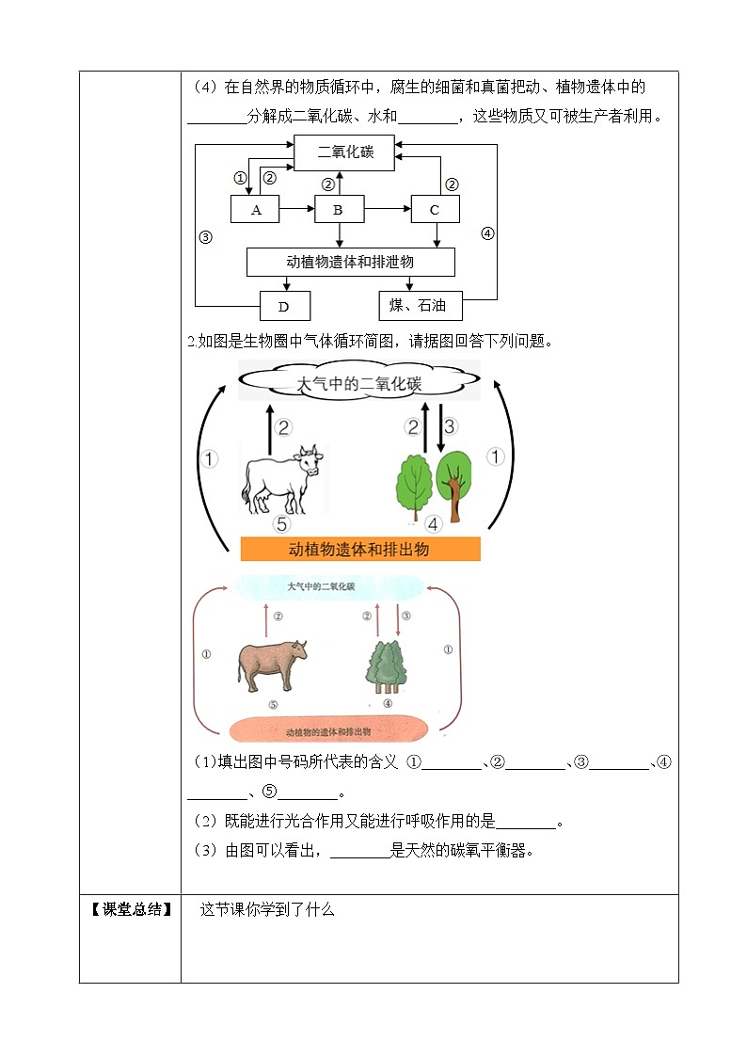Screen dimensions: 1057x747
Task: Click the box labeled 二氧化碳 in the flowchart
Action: [345, 152]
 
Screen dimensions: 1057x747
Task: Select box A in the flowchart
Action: [256, 210]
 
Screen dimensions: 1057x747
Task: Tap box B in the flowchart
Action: [339, 210]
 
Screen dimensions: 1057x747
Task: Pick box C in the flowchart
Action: [435, 210]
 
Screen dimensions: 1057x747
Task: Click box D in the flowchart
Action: [285, 306]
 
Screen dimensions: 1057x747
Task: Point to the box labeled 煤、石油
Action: [420, 305]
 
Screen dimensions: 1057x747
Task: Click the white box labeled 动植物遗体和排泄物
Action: [350, 262]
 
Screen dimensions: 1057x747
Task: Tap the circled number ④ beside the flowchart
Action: [487, 234]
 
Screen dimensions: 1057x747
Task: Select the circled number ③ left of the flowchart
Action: [205, 237]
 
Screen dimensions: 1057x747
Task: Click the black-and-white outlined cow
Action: [281, 478]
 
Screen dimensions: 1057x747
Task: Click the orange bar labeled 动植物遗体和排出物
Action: [360, 549]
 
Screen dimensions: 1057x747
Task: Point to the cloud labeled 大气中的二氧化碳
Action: [359, 382]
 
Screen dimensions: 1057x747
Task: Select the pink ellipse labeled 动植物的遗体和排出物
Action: [329, 730]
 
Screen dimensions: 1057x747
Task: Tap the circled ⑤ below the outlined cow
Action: [281, 524]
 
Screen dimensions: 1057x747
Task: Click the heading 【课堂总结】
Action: [131, 909]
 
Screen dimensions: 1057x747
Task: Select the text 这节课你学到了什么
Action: [267, 909]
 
